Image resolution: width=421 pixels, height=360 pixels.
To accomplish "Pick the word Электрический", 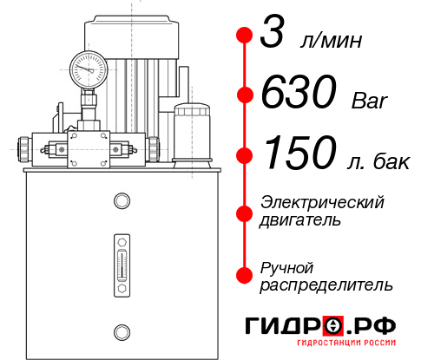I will pyautogui.click(x=322, y=202).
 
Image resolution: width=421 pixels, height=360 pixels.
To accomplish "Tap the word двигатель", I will pyautogui.click(x=300, y=220).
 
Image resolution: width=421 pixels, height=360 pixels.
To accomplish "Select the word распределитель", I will pyautogui.click(x=326, y=285).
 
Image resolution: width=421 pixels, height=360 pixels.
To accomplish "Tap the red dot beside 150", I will pyautogui.click(x=245, y=155).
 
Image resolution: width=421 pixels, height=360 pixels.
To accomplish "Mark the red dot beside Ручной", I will pyautogui.click(x=245, y=274).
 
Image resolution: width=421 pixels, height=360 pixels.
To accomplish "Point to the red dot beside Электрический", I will pyautogui.click(x=245, y=211).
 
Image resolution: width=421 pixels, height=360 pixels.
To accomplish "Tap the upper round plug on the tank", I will pyautogui.click(x=121, y=201).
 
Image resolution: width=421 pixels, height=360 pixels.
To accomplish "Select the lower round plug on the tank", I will pyautogui.click(x=121, y=331).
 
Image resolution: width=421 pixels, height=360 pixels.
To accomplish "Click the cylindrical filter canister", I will pyautogui.click(x=190, y=132).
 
